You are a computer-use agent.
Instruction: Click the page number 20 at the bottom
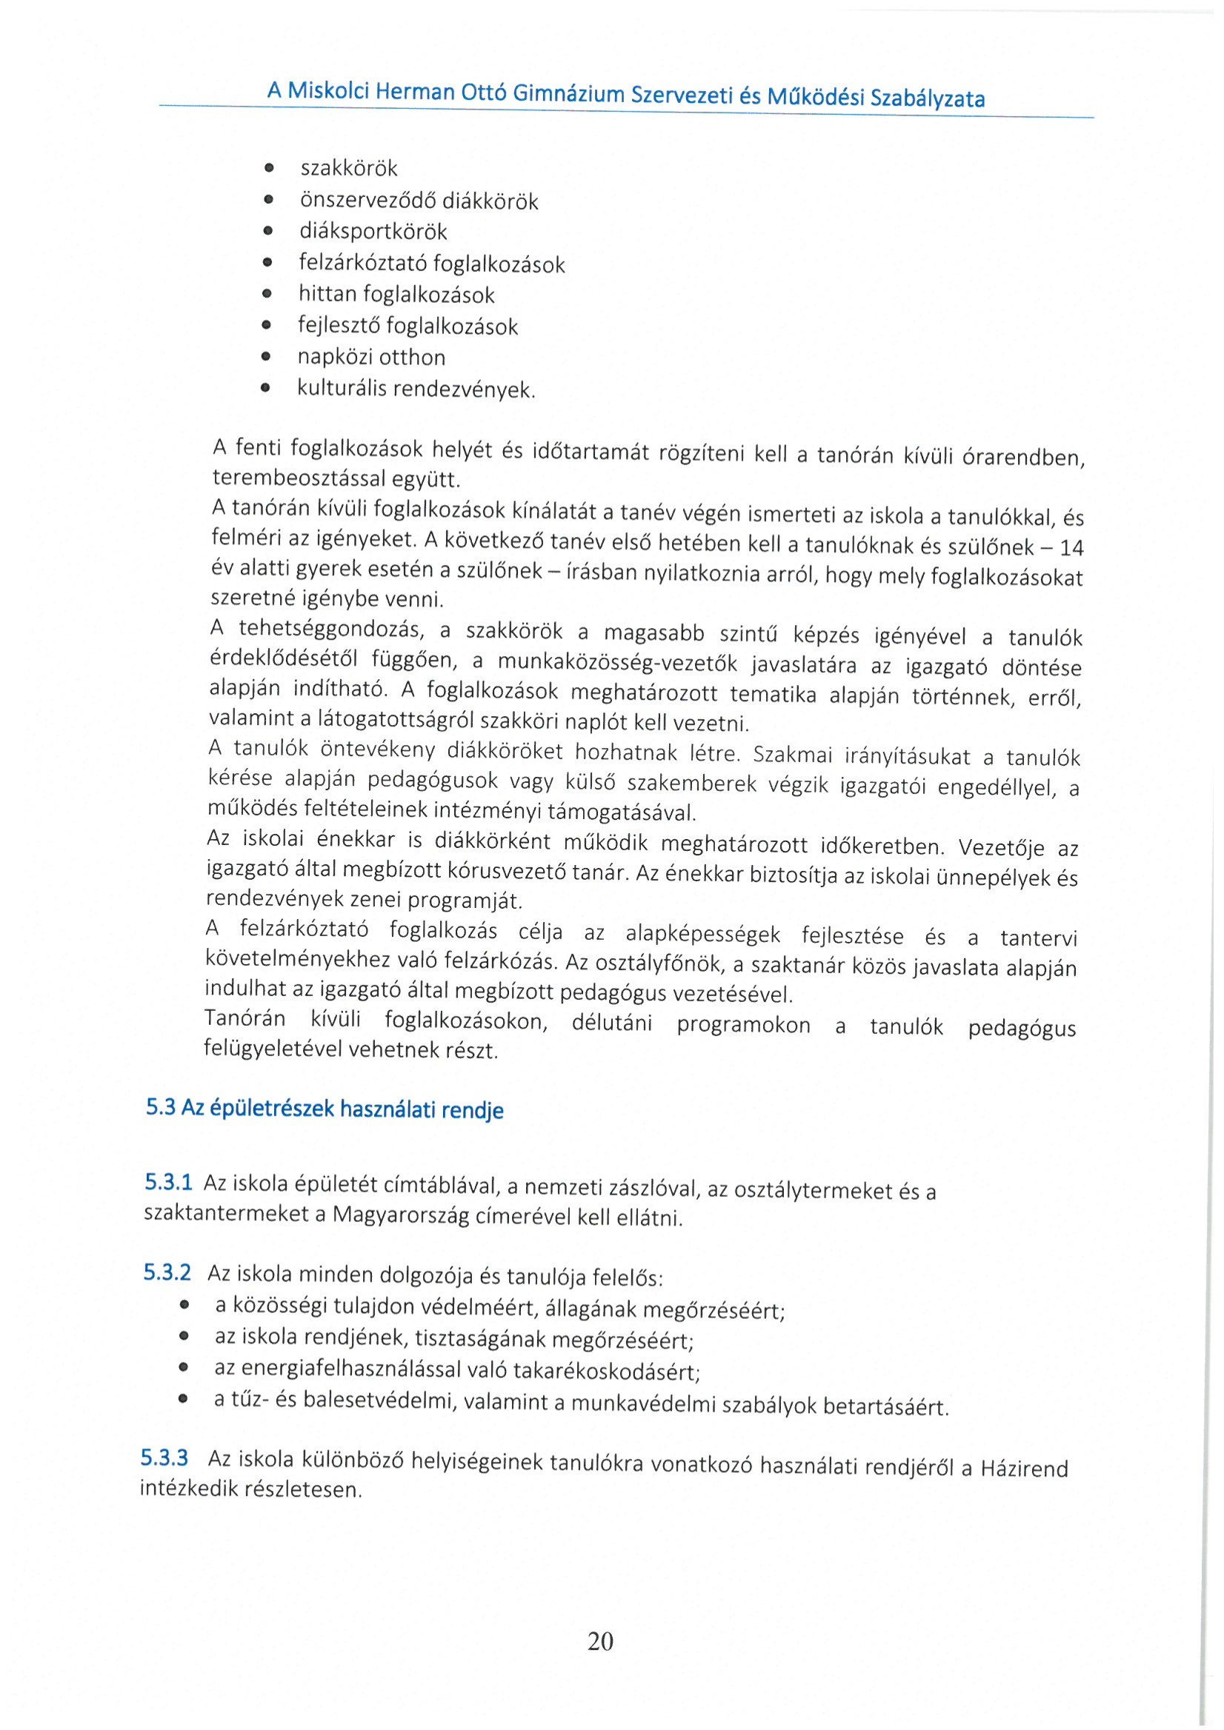click(x=600, y=1640)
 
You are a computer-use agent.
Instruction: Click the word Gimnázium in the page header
click(x=568, y=93)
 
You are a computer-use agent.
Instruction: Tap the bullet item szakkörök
click(x=348, y=168)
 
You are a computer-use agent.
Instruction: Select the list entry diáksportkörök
click(x=373, y=231)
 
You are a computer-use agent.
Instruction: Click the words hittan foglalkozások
click(x=396, y=295)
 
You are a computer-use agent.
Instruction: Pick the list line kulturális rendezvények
click(x=416, y=390)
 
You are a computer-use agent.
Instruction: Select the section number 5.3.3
click(x=164, y=1457)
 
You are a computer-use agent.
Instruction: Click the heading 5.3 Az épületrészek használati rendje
click(x=324, y=1109)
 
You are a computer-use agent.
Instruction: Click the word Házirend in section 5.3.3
click(x=1024, y=1469)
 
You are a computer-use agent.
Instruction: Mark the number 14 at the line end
click(x=1071, y=548)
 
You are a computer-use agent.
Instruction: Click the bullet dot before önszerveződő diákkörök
click(x=267, y=201)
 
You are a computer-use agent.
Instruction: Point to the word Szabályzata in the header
click(x=927, y=98)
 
